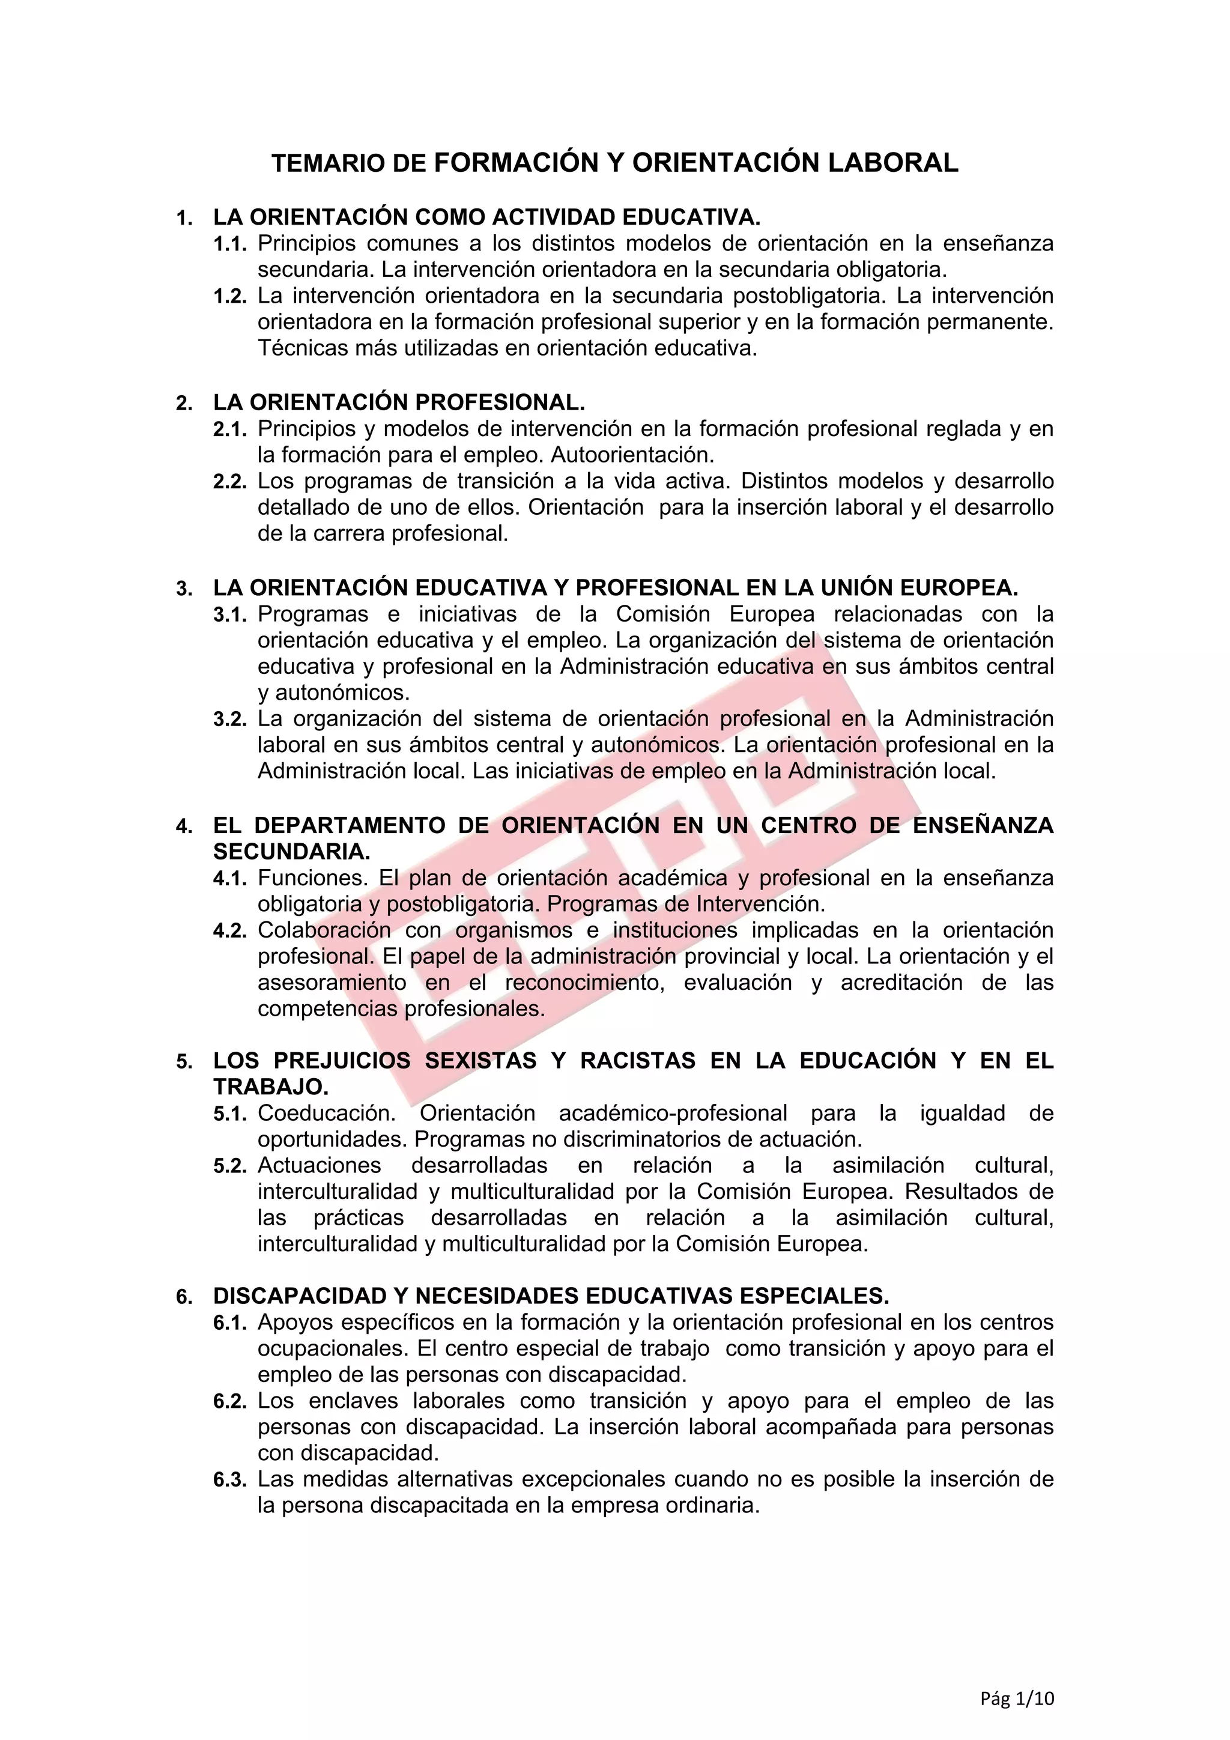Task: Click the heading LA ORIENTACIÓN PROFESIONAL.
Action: pyautogui.click(x=399, y=402)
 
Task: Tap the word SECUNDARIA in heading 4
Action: pyautogui.click(x=291, y=852)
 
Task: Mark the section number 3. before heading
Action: pyautogui.click(x=184, y=589)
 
